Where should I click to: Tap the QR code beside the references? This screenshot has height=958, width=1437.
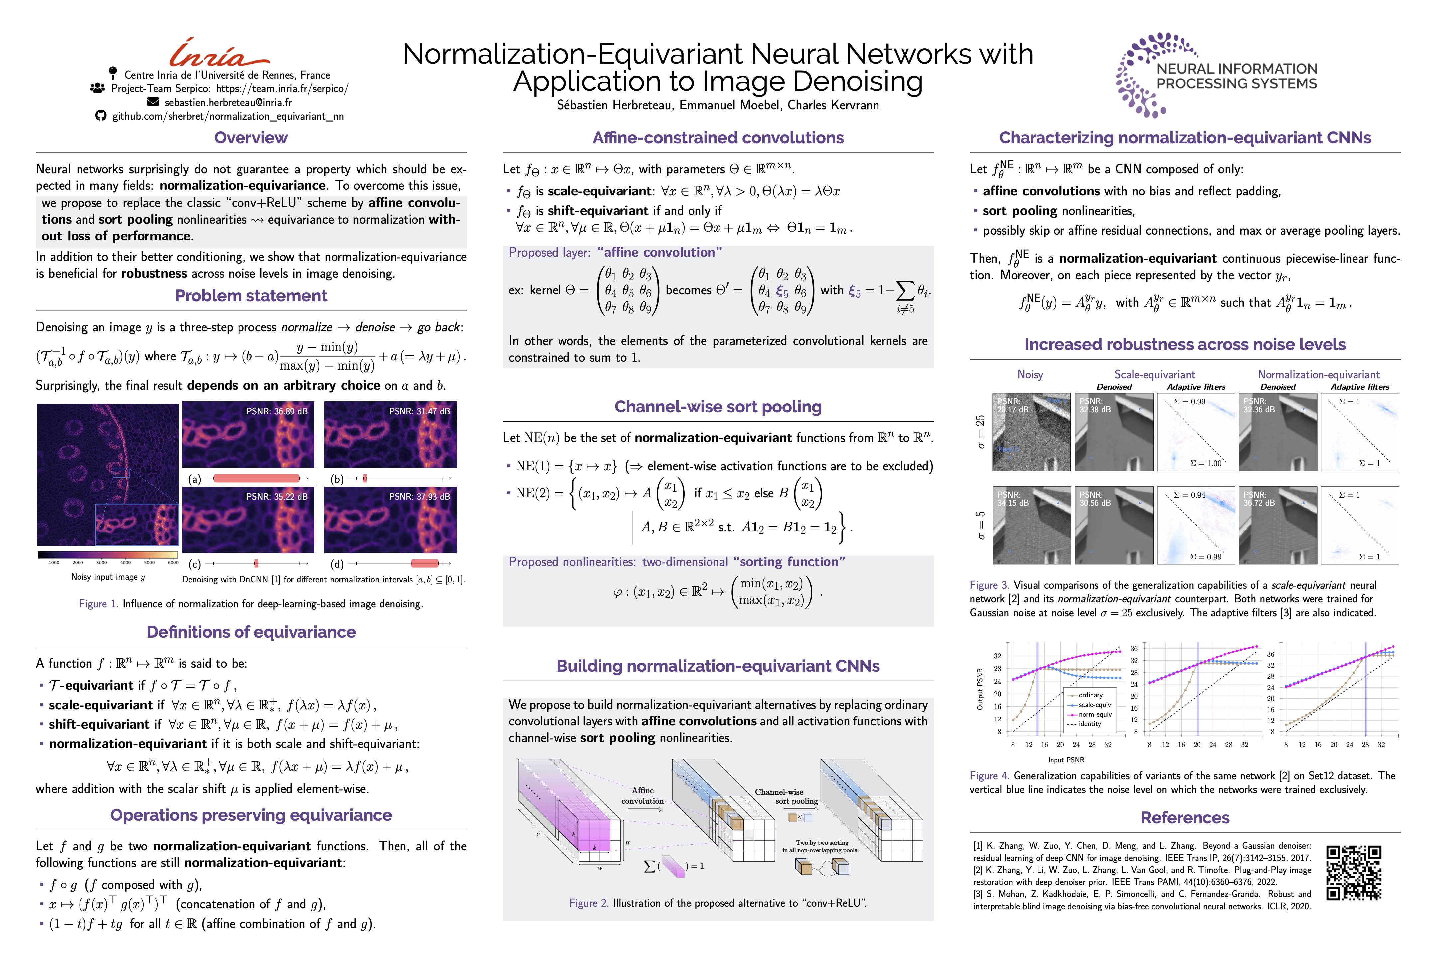point(1353,873)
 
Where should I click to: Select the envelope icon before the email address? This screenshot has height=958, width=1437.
point(153,102)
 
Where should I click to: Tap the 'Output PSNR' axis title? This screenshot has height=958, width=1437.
point(980,689)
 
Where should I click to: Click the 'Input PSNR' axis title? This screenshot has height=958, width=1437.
point(1066,760)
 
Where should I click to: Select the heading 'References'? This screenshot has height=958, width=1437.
point(1185,818)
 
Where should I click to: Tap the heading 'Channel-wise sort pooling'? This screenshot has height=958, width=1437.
point(718,407)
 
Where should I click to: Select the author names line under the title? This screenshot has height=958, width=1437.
point(718,105)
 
